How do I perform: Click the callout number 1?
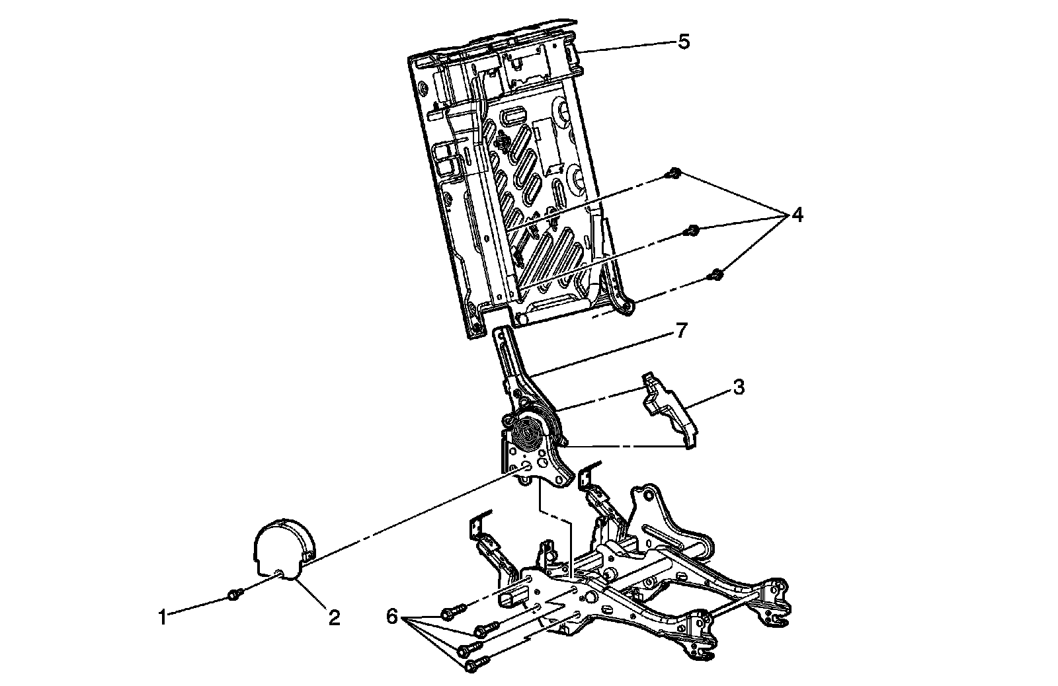click(161, 618)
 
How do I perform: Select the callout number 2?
click(335, 618)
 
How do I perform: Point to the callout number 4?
click(797, 215)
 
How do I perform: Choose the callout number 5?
click(683, 42)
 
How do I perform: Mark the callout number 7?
click(682, 330)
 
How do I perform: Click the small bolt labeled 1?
click(232, 595)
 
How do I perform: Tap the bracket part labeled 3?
click(668, 410)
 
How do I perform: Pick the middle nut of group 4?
click(692, 230)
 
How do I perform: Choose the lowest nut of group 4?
click(716, 273)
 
